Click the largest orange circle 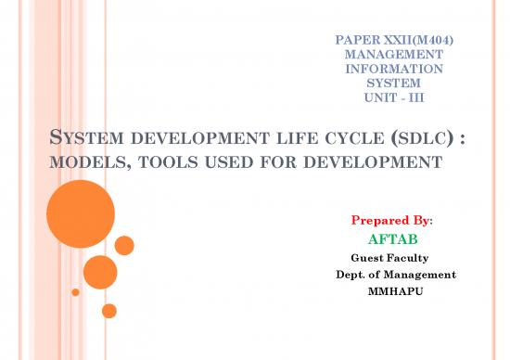[80, 214]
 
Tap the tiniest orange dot [75, 292]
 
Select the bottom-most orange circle [109, 310]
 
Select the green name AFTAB [393, 240]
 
